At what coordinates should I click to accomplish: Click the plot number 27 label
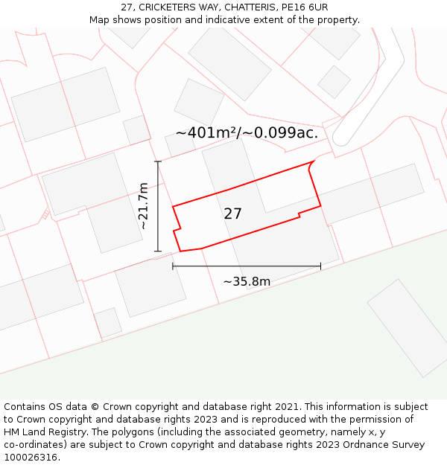click(x=232, y=214)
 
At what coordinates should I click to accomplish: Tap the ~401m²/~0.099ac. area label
click(x=247, y=133)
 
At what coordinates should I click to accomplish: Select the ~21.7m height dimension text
click(x=143, y=206)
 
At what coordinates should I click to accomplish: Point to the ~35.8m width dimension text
click(x=247, y=281)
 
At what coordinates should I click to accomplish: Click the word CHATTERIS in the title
click(x=249, y=7)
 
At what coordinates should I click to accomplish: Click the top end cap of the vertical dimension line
click(x=158, y=161)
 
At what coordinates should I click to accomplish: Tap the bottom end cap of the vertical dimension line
click(x=158, y=251)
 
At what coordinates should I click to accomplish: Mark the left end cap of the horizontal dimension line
click(x=173, y=266)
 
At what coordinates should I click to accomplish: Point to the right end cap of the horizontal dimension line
click(x=320, y=266)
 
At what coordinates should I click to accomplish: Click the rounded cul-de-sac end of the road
click(x=343, y=138)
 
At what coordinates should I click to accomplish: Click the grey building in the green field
click(x=406, y=327)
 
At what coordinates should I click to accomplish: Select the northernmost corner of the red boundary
click(x=312, y=161)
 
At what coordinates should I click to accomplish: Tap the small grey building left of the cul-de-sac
click(x=334, y=82)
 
